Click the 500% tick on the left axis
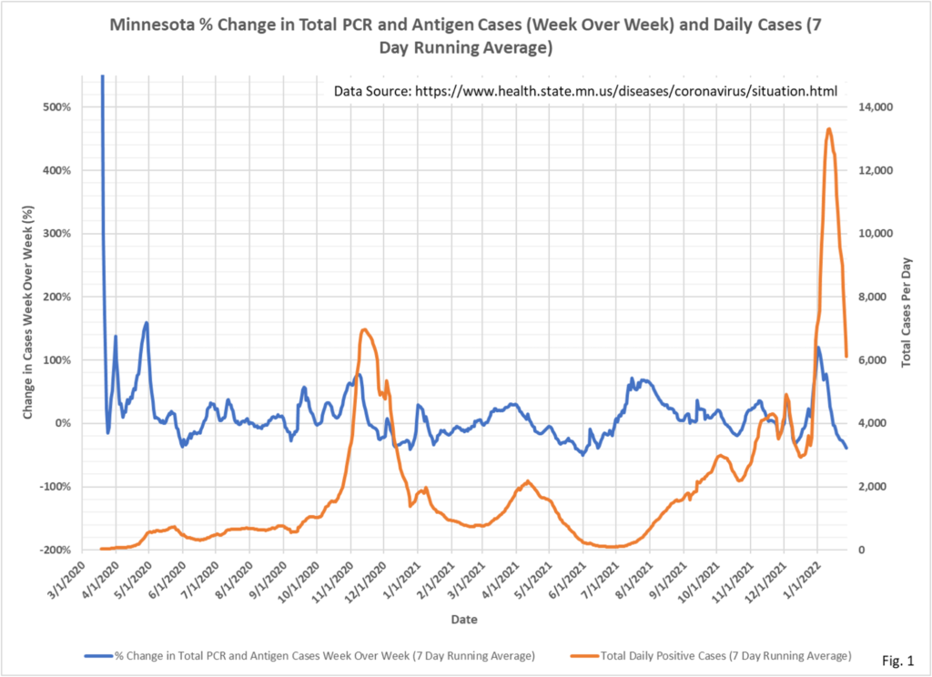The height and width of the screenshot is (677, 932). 72,106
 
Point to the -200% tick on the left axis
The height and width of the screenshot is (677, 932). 70,550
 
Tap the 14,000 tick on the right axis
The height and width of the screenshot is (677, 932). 876,106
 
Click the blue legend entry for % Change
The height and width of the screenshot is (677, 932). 309,655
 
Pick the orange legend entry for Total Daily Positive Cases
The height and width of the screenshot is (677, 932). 710,655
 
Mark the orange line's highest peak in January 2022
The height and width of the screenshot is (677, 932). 829,128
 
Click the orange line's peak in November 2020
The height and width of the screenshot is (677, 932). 364,329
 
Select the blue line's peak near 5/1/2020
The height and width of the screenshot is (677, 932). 147,322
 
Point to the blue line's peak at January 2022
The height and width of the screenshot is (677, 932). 818,348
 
